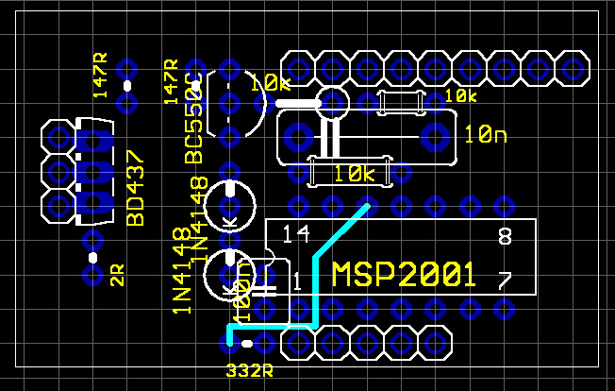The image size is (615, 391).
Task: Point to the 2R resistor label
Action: pos(117,276)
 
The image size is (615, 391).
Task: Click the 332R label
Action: pos(249,368)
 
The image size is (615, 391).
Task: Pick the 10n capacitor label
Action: pos(486,136)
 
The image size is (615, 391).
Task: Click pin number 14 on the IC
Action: pos(296,233)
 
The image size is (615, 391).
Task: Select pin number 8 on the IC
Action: pos(504,236)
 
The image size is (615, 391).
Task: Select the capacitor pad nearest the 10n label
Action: pos(435,136)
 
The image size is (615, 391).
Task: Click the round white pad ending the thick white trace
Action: pos(332,101)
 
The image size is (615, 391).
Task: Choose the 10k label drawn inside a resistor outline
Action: pos(355,174)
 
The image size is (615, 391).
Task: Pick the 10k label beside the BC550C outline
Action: pos(270,84)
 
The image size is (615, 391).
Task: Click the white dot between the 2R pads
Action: pos(92,257)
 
